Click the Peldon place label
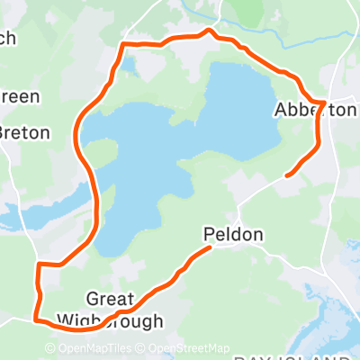point(233,236)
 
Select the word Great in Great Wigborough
point(110,299)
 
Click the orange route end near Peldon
point(209,249)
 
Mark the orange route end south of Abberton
point(286,174)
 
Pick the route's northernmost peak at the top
point(211,31)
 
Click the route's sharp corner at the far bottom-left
point(36,318)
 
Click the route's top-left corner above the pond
point(123,43)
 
